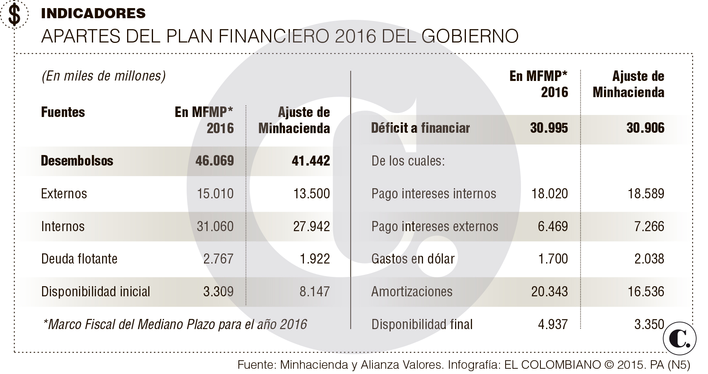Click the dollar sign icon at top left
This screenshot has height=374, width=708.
[x=14, y=15]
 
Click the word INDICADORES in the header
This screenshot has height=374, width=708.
[x=93, y=13]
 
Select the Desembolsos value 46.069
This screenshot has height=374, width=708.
[x=215, y=161]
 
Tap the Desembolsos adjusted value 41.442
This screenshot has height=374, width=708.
[x=310, y=161]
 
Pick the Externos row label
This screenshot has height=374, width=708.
[x=64, y=193]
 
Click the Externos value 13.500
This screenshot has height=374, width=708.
[x=311, y=193]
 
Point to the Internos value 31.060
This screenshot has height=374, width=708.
[x=215, y=226]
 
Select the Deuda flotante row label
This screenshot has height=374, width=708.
[x=79, y=259]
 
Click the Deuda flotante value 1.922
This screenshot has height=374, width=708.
[x=315, y=259]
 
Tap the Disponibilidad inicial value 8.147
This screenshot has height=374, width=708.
[x=315, y=291]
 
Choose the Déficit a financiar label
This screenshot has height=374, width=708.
[x=420, y=128]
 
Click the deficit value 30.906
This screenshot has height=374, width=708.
[x=645, y=128]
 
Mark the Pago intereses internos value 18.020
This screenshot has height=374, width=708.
[x=549, y=193]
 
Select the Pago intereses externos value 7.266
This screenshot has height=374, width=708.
[x=649, y=226]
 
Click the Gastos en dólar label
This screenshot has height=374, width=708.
[x=413, y=259]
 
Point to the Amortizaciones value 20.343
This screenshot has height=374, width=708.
[x=549, y=291]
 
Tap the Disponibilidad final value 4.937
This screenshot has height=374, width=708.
[x=553, y=324]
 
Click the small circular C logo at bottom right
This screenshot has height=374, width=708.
[x=680, y=339]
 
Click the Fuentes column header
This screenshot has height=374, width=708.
[x=63, y=112]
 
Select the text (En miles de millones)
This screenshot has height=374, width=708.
[x=104, y=76]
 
